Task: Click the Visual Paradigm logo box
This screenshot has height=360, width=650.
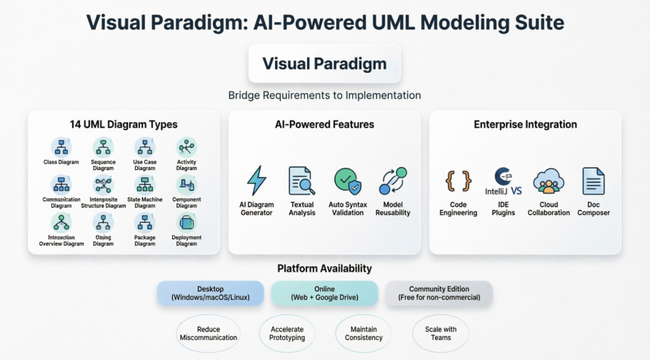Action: point(324,64)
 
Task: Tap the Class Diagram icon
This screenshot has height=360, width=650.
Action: point(61,147)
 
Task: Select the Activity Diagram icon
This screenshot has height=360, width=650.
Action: point(186,147)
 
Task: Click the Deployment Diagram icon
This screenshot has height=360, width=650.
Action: point(186,223)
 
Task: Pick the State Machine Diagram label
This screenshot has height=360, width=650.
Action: point(145,203)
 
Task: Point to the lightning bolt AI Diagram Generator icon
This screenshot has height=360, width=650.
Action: point(256,180)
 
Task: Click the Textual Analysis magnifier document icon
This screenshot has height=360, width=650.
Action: point(301,180)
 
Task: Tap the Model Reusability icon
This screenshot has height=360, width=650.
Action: point(393,180)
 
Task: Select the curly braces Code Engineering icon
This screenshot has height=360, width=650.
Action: point(459,181)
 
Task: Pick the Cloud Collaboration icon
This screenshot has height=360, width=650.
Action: point(549,181)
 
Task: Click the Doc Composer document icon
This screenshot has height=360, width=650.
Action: point(594,181)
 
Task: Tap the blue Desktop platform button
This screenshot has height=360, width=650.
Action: point(210,293)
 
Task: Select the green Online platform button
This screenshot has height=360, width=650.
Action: point(324,293)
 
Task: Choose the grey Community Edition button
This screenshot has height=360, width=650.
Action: point(439,293)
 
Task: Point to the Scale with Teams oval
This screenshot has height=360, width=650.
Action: point(441,333)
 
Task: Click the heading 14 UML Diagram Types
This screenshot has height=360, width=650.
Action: point(124,124)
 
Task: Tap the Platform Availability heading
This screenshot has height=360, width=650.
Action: point(324,269)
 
